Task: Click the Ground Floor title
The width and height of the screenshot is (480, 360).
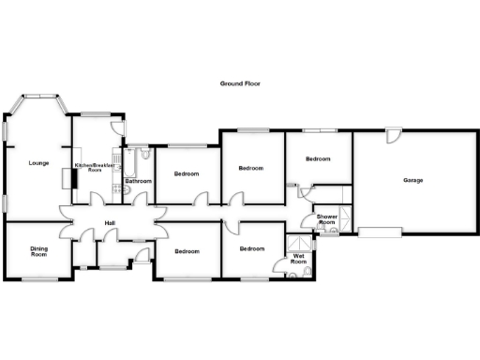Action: [x=240, y=83]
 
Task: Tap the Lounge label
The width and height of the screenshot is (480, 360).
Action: [x=38, y=163]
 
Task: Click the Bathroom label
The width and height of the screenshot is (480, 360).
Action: [x=139, y=180]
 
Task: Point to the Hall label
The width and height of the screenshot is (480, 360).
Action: [x=110, y=222]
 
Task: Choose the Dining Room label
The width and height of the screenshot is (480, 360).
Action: [x=38, y=251]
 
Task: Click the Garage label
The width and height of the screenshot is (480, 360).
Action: [x=412, y=180]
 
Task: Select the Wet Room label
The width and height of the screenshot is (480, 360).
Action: [x=299, y=258]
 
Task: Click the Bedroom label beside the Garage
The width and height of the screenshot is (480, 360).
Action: [x=319, y=159]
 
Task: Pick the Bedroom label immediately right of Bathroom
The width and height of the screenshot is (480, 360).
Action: [x=187, y=174]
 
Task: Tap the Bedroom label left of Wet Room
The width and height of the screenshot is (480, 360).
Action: [x=251, y=248]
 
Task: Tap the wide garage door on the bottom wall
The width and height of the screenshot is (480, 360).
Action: [x=379, y=231]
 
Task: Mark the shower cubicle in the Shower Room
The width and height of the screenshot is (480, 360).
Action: [x=343, y=221]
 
